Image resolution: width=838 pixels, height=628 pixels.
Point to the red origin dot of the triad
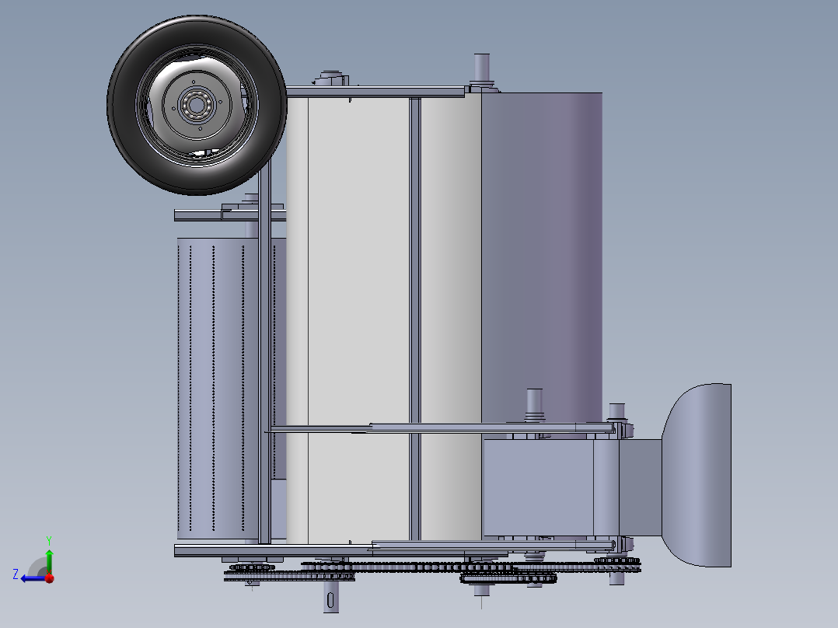tap(49, 577)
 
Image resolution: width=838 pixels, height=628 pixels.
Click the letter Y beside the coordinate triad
tap(48, 539)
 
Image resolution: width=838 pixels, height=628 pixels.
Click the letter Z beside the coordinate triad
tap(16, 574)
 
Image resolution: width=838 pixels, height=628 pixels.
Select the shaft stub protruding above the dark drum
tap(481, 68)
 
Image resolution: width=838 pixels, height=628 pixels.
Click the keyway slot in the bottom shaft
tap(332, 600)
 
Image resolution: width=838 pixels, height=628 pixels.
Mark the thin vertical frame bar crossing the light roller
tap(415, 311)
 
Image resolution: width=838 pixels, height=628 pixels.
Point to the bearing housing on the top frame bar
tap(331, 78)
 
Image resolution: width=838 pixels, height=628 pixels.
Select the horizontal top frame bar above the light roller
tap(373, 92)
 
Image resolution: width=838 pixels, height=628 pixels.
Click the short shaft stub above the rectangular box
tap(534, 403)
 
